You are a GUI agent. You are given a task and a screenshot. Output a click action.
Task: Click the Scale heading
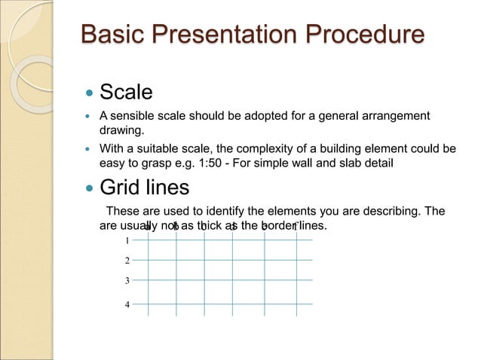127,93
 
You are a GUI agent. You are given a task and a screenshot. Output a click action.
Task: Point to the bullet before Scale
89,93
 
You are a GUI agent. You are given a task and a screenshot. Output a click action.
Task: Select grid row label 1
127,241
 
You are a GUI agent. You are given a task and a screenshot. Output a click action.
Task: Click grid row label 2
127,261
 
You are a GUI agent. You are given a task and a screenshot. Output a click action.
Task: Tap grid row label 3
127,281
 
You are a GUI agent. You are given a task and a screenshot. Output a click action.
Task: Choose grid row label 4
127,304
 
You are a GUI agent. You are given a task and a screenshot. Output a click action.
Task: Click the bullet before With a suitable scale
89,148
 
